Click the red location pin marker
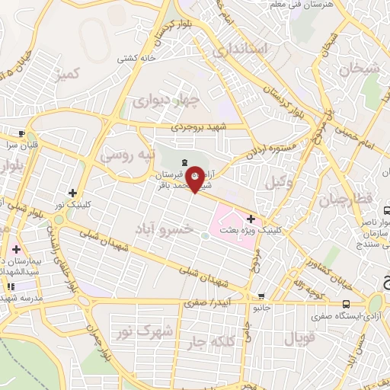click(x=195, y=178)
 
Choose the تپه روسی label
click(x=127, y=155)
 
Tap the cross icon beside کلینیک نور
click(x=73, y=193)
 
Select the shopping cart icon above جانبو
click(x=261, y=297)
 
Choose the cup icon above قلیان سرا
click(x=22, y=132)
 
